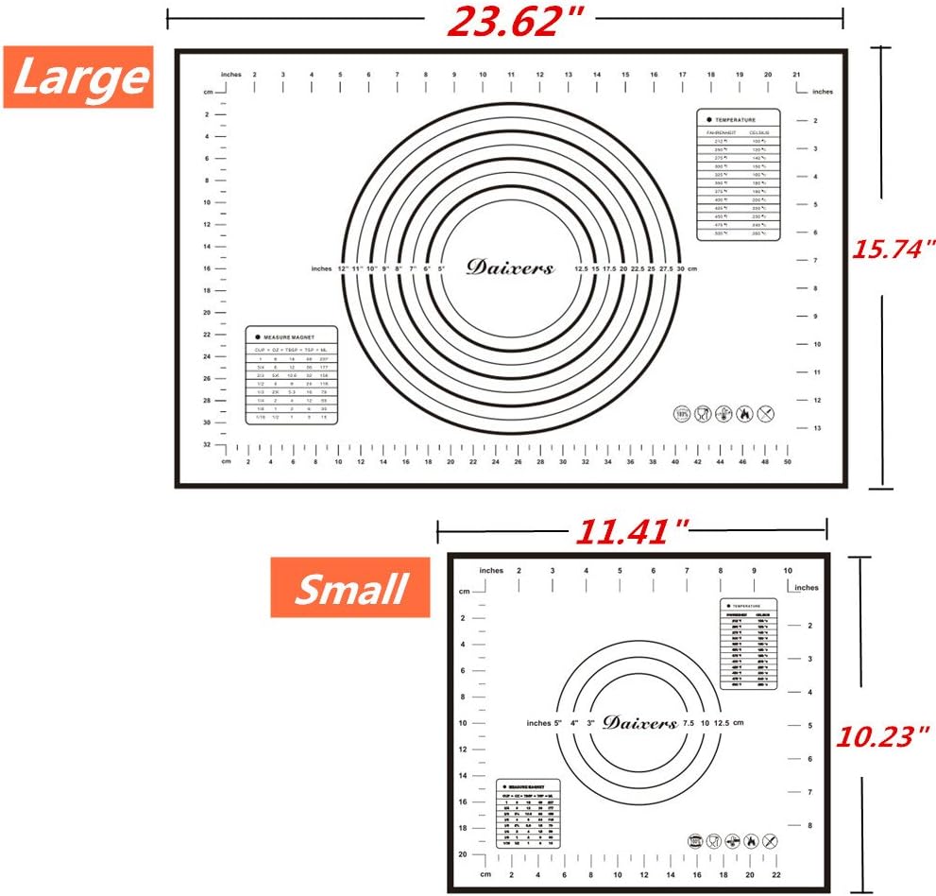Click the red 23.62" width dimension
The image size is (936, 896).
[504, 20]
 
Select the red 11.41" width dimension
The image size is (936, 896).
[632, 532]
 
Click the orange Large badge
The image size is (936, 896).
[78, 77]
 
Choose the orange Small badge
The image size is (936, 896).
[349, 588]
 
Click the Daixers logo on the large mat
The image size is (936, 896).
[510, 267]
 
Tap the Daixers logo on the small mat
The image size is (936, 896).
[639, 722]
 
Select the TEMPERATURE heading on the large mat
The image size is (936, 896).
[735, 120]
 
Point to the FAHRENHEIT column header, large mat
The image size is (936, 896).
[722, 133]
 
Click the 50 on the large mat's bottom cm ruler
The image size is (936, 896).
[788, 462]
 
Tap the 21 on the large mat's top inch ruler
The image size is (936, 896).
[796, 74]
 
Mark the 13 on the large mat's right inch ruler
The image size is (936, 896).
[816, 428]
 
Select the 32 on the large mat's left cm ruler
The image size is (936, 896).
[207, 443]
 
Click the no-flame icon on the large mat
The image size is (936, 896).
[744, 414]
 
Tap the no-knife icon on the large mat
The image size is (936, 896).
[765, 414]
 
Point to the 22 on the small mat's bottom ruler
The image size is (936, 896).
[776, 874]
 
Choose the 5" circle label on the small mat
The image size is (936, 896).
[558, 723]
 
